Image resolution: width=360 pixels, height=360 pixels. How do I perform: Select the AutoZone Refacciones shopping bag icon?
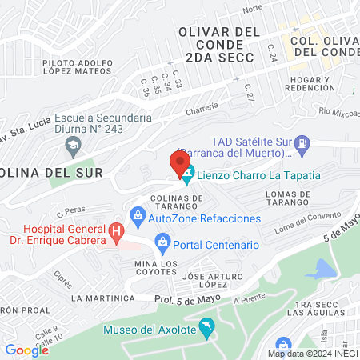[x=138, y=216]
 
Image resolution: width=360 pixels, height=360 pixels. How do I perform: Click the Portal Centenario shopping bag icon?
[x=162, y=241]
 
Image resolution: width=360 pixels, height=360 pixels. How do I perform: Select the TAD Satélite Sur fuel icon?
[x=302, y=146]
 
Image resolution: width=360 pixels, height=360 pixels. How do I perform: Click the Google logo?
[x=27, y=350]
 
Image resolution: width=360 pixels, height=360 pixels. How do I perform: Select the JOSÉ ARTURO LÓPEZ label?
[x=211, y=280]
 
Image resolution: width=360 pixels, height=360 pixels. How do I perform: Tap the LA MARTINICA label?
[x=102, y=298]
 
